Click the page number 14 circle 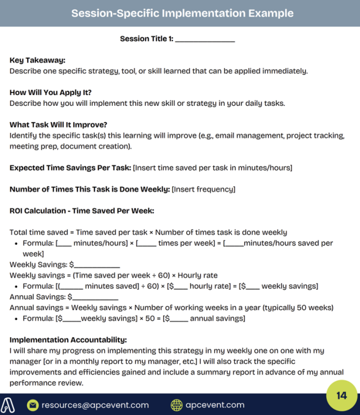(x=341, y=396)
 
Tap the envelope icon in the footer (x=33, y=405)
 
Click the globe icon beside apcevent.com (x=176, y=405)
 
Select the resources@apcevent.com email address (x=95, y=405)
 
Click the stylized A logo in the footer (x=10, y=405)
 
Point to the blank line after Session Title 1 (x=205, y=39)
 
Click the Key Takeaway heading (x=37, y=60)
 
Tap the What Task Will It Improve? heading (x=59, y=125)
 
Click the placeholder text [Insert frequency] (x=203, y=189)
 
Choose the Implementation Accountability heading (x=68, y=340)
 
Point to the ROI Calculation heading (x=82, y=211)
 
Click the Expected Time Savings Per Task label (x=70, y=168)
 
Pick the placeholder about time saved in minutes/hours (x=213, y=168)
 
